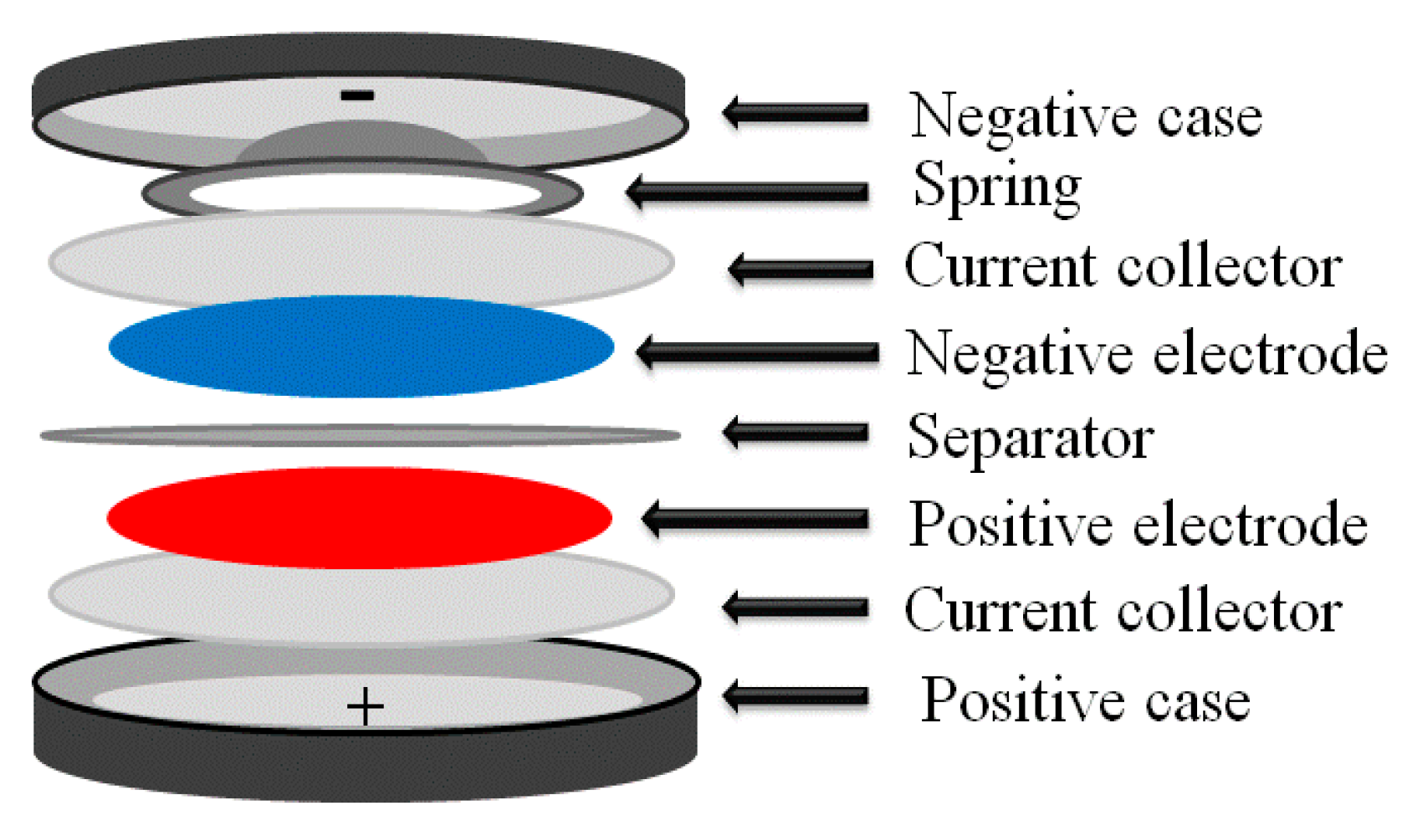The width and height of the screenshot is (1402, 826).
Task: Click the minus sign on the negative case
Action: [x=357, y=95]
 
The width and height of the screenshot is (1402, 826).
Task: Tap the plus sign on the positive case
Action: [x=365, y=706]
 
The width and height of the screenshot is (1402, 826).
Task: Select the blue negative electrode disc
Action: [x=361, y=346]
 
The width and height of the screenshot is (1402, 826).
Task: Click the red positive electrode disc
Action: [x=359, y=518]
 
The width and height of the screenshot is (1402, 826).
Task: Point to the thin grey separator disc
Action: [x=361, y=435]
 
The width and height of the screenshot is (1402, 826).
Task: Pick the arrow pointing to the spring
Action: [x=748, y=191]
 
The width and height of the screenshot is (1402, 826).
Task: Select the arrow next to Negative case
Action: [x=796, y=113]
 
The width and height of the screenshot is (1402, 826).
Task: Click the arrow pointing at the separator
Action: [x=796, y=432]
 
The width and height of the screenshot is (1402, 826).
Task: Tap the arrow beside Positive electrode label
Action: [x=755, y=519]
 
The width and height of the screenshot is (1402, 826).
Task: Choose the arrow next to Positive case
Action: [x=796, y=696]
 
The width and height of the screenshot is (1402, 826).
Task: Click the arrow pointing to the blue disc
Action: [x=757, y=352]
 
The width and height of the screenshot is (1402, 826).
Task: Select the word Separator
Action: [x=1031, y=439]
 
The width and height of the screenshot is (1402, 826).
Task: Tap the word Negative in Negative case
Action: [x=1023, y=118]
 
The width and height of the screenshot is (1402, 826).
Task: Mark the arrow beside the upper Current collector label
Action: [x=801, y=270]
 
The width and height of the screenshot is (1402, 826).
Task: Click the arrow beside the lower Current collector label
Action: [x=796, y=607]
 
